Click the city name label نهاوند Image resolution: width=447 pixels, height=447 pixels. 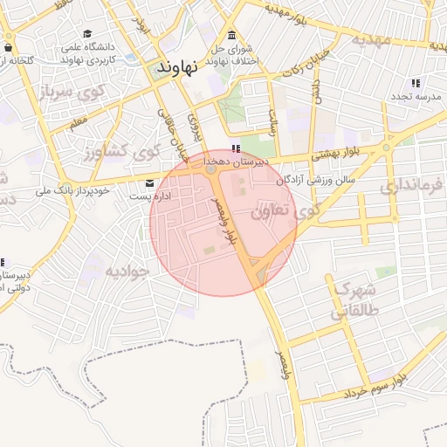177,66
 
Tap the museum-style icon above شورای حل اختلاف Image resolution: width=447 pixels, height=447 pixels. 231,36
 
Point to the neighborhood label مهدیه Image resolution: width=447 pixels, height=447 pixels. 382,40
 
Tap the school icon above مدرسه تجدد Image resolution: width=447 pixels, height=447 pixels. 415,82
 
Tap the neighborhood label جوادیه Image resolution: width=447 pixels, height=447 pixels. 127,271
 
